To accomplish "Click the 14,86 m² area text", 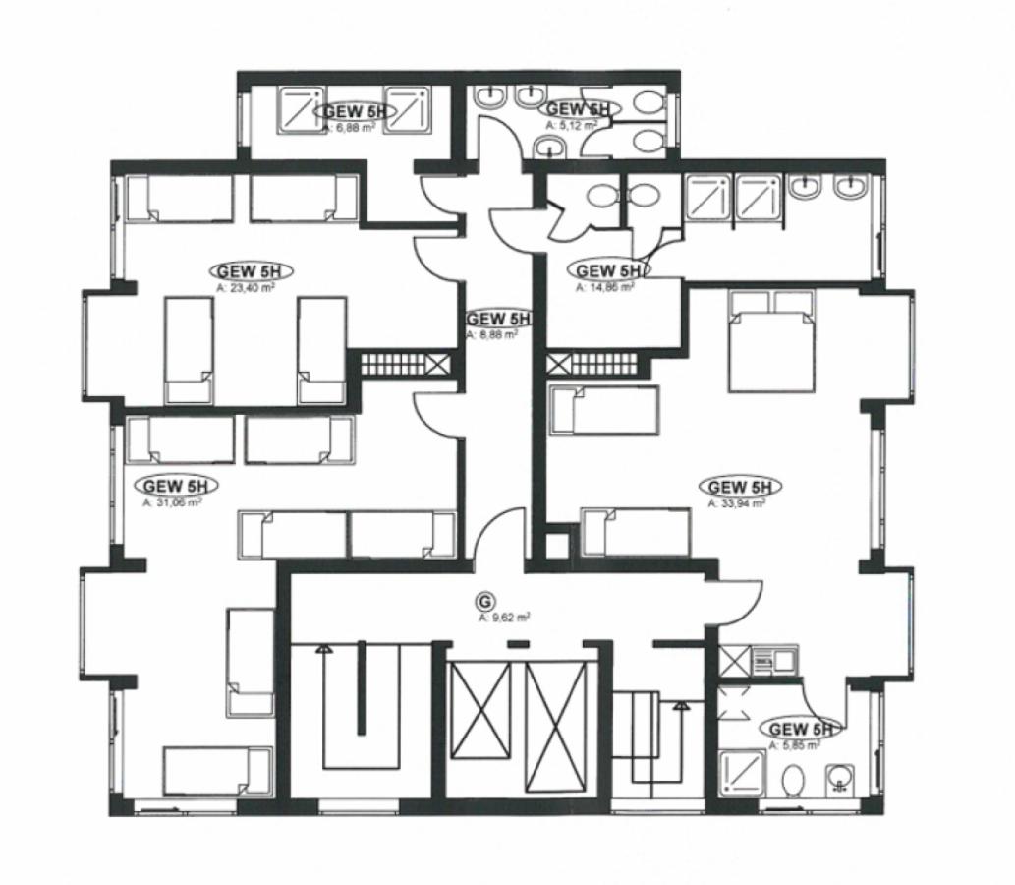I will [x=604, y=288].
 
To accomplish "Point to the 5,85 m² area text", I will [x=796, y=745].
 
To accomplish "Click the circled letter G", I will [x=482, y=600].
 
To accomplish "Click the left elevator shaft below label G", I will [x=480, y=726].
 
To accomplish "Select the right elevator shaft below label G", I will [x=557, y=726].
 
